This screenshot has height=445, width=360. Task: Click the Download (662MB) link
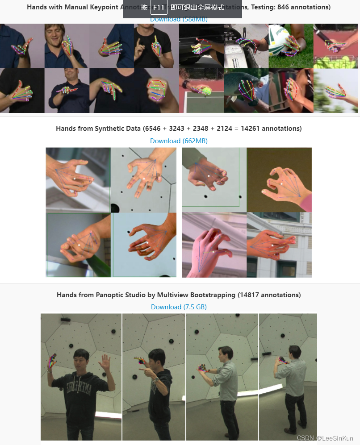[179, 141]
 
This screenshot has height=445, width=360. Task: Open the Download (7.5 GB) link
[179, 307]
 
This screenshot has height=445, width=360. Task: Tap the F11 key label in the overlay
[159, 8]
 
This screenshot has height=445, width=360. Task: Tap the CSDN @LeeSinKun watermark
[325, 438]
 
